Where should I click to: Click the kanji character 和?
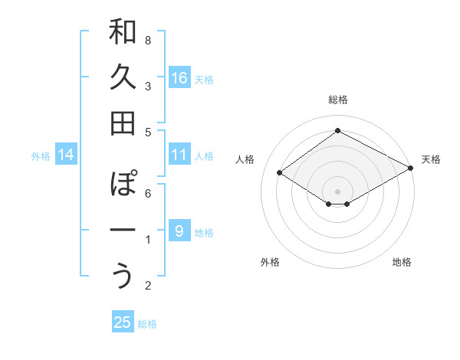point(123,32)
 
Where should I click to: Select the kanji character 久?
point(123,78)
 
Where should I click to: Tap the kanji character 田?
point(123,123)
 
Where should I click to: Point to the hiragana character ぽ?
point(123,185)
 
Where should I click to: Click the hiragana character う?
point(123,277)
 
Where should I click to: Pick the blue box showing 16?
point(179,77)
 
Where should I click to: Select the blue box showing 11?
point(179,155)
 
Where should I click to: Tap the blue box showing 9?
point(179,231)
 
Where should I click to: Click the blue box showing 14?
point(66,155)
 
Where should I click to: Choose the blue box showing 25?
point(123,322)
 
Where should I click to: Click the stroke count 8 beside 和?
point(148,40)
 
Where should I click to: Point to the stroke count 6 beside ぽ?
point(148,193)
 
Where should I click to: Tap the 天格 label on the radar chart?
point(431,159)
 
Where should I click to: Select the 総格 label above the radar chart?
point(337,100)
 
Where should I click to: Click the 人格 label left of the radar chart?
point(245,159)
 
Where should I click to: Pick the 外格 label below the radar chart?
point(270,262)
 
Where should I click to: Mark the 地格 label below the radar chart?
point(402,262)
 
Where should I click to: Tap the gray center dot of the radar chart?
point(337,190)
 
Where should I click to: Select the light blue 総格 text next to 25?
point(147,324)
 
